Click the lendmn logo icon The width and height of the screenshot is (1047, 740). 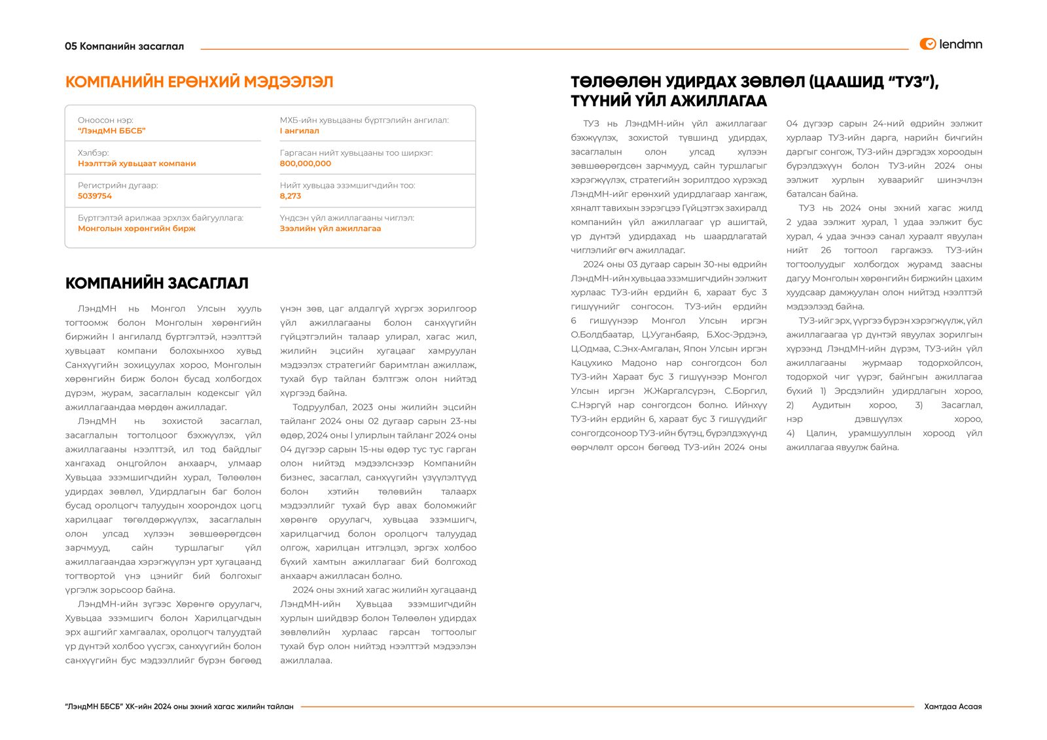click(927, 44)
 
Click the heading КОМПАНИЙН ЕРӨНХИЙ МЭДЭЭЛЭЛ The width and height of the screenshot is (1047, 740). click(199, 82)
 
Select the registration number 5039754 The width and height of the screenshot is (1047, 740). click(95, 196)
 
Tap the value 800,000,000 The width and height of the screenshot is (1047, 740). click(305, 164)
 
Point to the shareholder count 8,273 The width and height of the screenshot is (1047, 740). click(291, 196)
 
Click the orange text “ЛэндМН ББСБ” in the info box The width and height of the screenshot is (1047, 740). click(111, 131)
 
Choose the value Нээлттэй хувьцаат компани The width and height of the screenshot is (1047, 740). click(137, 164)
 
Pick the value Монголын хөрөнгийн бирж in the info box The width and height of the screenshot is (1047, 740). click(137, 228)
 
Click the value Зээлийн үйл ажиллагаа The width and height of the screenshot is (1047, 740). click(330, 228)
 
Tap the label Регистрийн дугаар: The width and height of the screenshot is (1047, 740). click(118, 186)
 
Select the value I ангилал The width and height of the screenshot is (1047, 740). click(300, 131)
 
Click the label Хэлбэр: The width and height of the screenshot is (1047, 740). click(94, 153)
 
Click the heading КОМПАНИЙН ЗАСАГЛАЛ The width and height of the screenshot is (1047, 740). click(156, 283)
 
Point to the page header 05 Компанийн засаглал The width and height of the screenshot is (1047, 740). click(124, 46)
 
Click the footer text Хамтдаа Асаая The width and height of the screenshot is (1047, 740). click(952, 707)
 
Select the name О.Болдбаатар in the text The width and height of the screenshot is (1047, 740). click(602, 335)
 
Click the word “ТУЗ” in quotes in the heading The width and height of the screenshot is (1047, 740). click(909, 82)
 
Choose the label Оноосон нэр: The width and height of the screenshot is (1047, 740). click(105, 120)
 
